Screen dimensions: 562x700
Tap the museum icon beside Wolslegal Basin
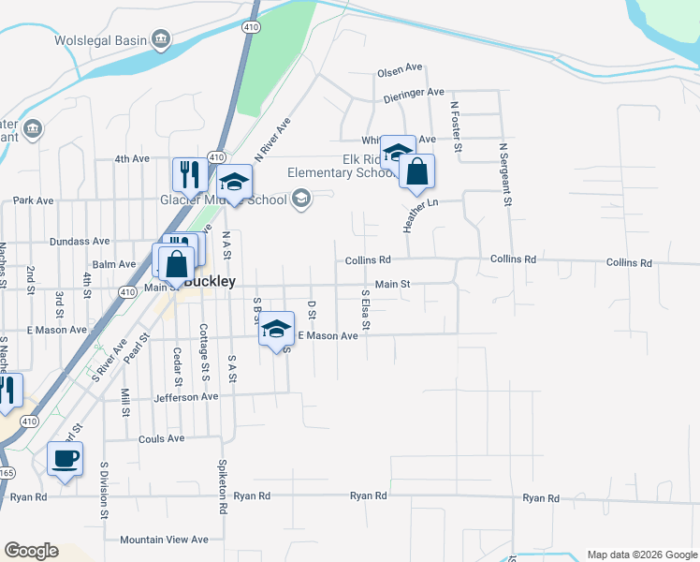pos(161,38)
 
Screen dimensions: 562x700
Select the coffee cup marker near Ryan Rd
pos(65,459)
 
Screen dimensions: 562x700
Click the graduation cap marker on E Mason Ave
pos(276,329)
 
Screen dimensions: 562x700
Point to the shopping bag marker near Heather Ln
pos(417,171)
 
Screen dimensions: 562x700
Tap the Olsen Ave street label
pos(401,72)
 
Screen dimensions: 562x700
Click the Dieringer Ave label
pos(414,93)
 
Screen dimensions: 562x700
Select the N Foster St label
pos(456,126)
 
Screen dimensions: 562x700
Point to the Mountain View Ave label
pos(164,540)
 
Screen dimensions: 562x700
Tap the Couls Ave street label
pos(161,438)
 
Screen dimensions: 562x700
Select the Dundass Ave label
pos(80,241)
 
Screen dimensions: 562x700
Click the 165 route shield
pos(5,471)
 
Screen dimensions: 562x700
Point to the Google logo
pos(31,551)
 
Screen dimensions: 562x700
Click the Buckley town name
pos(209,280)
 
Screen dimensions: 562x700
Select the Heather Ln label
pos(419,214)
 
